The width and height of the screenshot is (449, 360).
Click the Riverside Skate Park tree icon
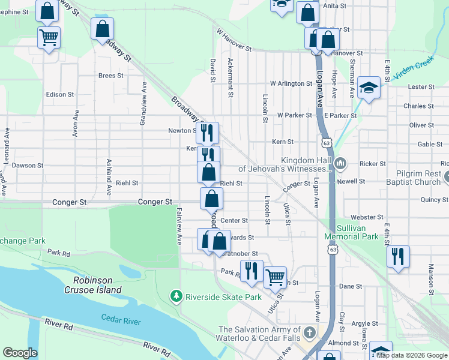click(x=176, y=296)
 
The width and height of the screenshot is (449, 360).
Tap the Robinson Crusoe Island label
click(x=97, y=285)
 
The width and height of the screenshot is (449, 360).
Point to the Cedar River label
click(x=121, y=321)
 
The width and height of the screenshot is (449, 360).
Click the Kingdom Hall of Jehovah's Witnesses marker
click(x=340, y=163)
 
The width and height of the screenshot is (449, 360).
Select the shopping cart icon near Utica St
click(x=275, y=277)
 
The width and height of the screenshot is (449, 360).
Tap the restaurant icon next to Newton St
click(x=207, y=133)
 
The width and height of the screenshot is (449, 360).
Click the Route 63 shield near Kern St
click(x=326, y=143)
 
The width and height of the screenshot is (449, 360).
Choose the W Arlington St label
click(x=291, y=83)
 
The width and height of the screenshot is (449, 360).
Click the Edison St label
click(x=60, y=95)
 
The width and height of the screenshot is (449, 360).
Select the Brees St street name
click(x=110, y=76)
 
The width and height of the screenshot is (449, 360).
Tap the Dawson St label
click(x=28, y=165)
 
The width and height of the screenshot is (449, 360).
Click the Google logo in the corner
click(x=20, y=353)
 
